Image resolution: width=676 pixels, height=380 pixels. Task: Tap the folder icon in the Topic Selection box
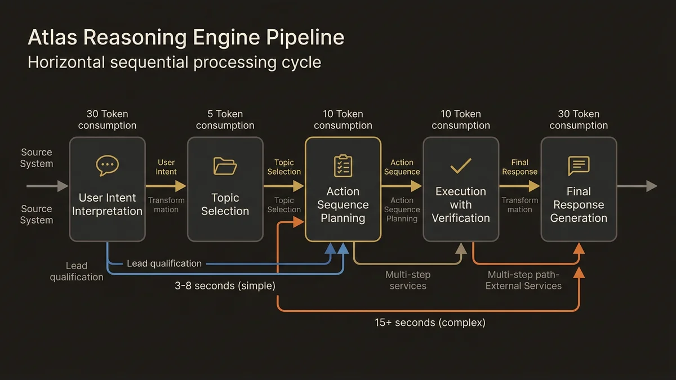click(x=225, y=166)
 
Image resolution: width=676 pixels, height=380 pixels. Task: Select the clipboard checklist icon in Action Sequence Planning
click(x=343, y=166)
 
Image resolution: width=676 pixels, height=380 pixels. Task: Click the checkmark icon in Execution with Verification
click(x=461, y=166)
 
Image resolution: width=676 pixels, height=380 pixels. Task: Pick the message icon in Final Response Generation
click(x=579, y=166)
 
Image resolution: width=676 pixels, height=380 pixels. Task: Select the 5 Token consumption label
click(x=225, y=119)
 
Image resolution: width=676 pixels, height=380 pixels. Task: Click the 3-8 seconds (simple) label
click(x=225, y=286)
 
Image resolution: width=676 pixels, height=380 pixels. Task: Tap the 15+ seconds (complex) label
click(x=430, y=323)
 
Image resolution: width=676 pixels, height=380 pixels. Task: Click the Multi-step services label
click(x=408, y=280)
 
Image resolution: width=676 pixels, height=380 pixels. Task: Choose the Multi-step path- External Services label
click(x=523, y=280)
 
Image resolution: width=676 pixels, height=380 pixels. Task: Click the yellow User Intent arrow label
click(x=166, y=167)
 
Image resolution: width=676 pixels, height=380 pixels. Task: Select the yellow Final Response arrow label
click(x=519, y=167)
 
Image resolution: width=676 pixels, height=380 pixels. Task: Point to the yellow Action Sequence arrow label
click(x=402, y=167)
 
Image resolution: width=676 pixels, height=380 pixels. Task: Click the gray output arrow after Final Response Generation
click(x=637, y=186)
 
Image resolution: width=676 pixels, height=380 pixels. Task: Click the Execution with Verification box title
click(x=461, y=204)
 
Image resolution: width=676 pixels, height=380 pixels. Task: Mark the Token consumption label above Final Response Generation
click(x=579, y=119)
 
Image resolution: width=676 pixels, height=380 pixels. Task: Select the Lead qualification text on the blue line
click(x=164, y=263)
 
